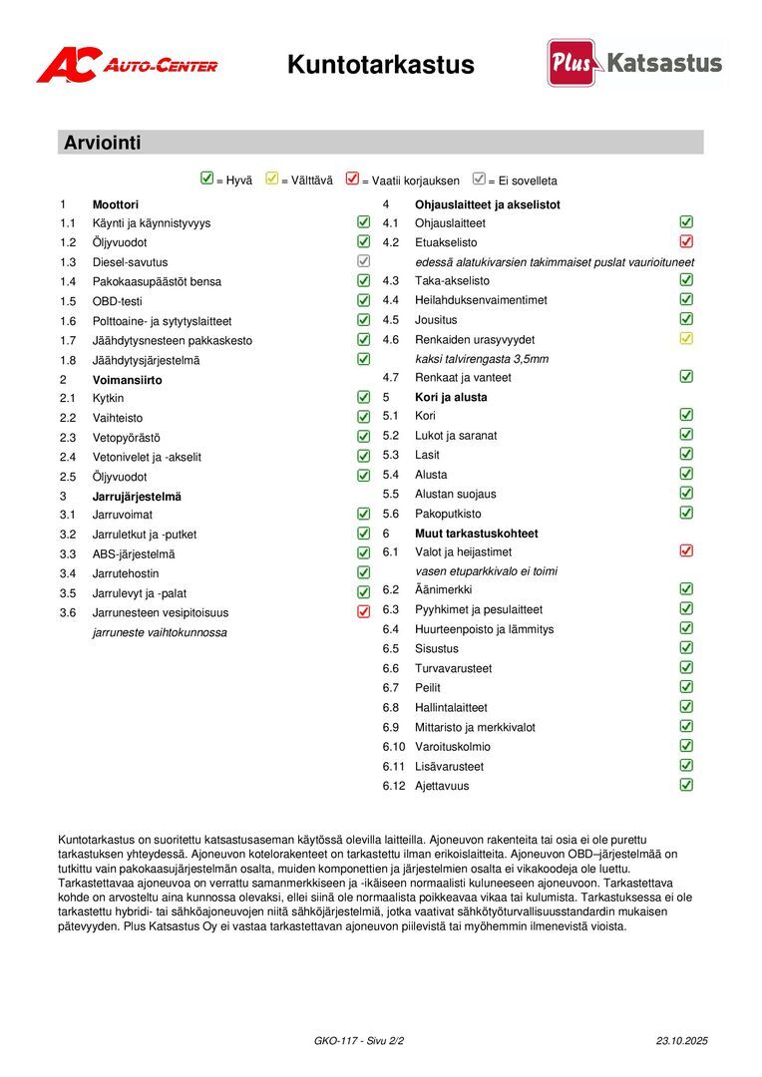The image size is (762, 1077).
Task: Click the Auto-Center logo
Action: click(x=127, y=65)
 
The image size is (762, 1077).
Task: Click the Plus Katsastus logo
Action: click(x=634, y=63)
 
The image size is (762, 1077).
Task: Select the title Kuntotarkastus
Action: click(x=380, y=66)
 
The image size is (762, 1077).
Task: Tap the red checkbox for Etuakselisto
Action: click(x=686, y=241)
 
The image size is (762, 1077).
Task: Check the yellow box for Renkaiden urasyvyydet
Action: click(x=686, y=338)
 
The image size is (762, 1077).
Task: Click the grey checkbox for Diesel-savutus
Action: click(x=363, y=261)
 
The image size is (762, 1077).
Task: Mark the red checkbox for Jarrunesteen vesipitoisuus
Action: click(x=363, y=612)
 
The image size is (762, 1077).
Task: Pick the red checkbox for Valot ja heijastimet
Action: click(x=686, y=550)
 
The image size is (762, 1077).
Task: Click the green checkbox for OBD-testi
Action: click(x=363, y=300)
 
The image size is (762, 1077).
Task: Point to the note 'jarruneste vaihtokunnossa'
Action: click(x=160, y=632)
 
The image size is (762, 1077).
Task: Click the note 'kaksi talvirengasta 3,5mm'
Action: click(x=482, y=359)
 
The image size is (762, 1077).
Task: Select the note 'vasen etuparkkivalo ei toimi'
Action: click(x=486, y=571)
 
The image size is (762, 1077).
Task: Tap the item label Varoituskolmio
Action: click(x=453, y=747)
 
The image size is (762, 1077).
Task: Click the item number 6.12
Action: click(x=394, y=786)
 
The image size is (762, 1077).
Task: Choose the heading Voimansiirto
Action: click(x=127, y=380)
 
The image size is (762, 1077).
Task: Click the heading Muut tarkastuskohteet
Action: click(x=477, y=534)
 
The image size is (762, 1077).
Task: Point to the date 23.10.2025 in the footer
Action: click(x=681, y=1040)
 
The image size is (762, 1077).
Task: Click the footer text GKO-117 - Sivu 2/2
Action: click(x=359, y=1040)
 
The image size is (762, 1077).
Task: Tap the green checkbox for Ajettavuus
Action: click(x=686, y=785)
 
